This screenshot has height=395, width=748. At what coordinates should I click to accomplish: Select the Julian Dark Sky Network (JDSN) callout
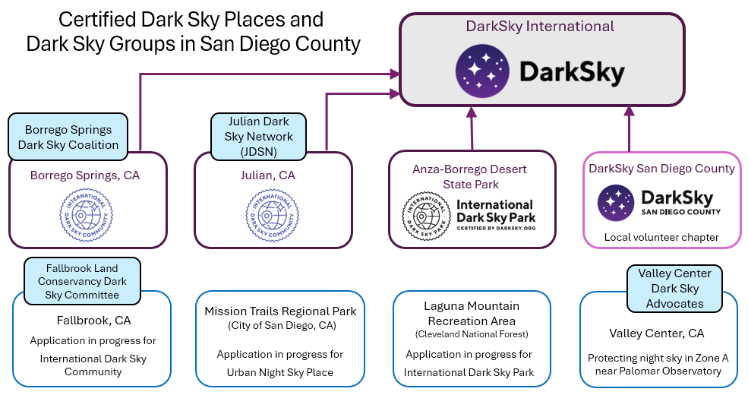259,137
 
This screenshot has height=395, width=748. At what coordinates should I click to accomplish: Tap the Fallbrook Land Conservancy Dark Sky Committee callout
82,281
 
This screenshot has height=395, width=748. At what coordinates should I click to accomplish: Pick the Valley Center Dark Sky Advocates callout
674,288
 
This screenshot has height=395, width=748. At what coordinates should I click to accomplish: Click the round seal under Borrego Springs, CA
86,215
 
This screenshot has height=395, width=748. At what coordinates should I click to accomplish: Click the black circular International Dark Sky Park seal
428,216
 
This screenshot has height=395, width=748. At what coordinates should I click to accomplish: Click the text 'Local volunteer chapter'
661,237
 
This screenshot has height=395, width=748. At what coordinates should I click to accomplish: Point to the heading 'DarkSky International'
540,27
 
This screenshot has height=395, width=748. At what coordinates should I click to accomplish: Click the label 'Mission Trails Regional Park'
280,311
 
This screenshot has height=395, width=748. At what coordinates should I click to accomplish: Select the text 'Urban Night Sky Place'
279,372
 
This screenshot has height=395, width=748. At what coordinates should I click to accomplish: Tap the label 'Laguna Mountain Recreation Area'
472,313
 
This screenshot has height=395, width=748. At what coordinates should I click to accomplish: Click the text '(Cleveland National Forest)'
472,334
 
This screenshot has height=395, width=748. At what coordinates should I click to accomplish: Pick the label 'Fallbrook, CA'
93,320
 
